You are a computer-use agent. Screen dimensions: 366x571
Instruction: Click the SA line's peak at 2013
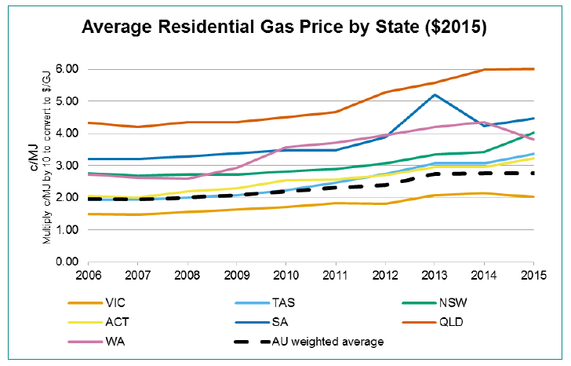pos(434,95)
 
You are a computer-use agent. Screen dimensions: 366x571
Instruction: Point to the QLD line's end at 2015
pos(534,69)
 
